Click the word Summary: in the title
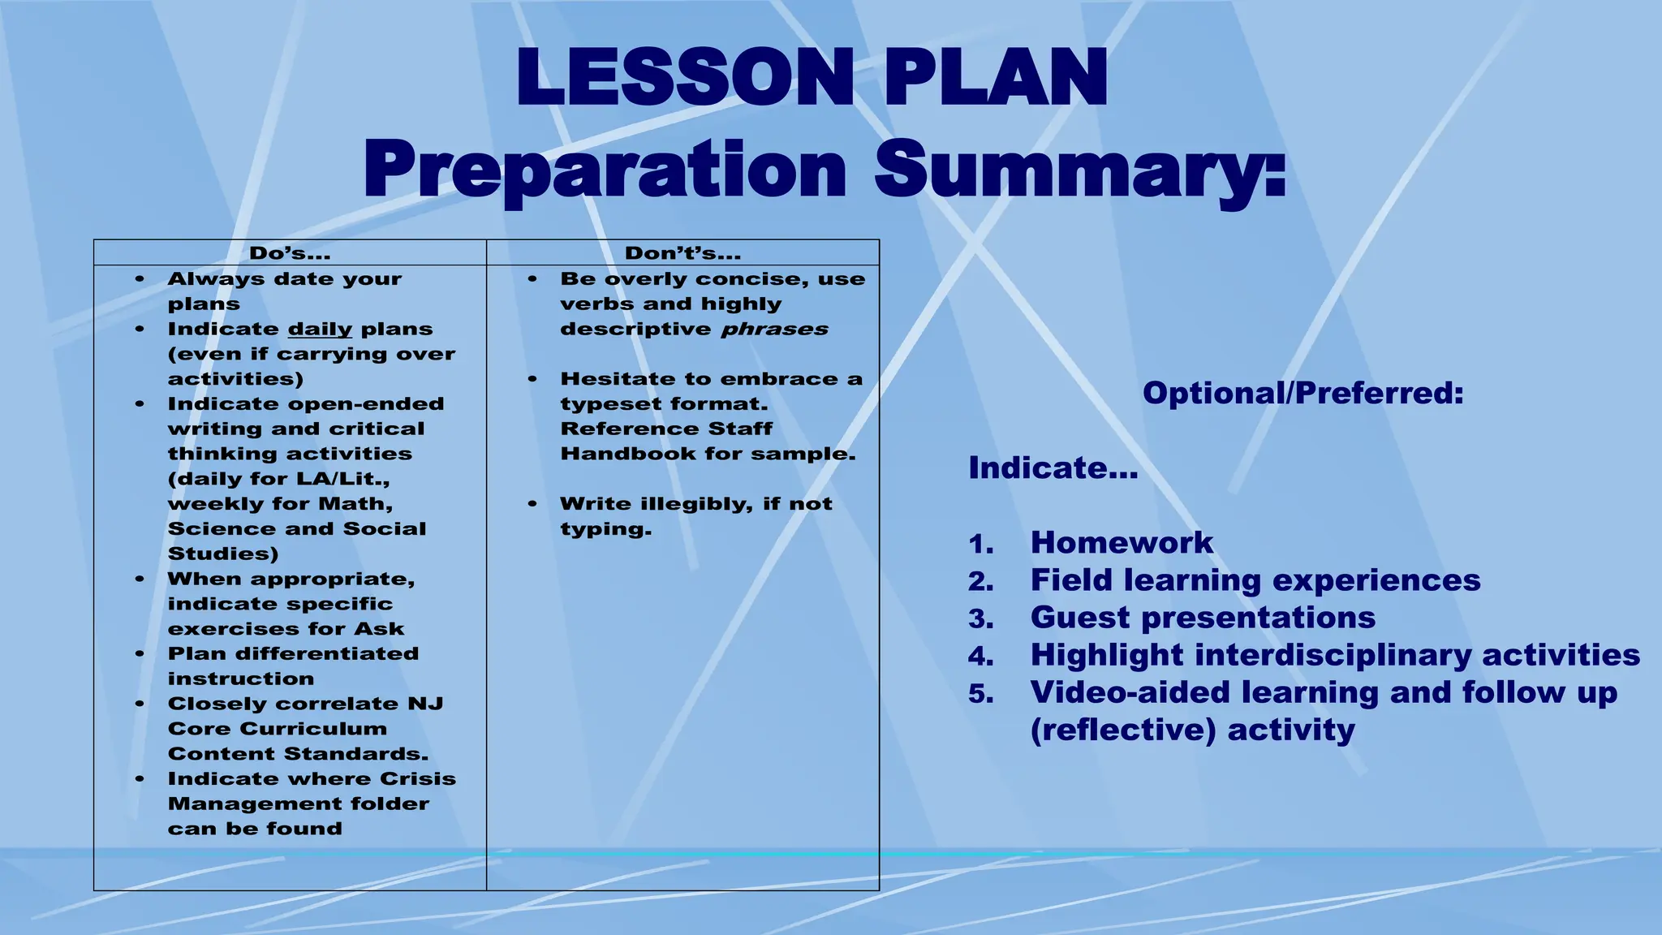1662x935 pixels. pyautogui.click(x=1080, y=170)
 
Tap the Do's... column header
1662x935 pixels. pyautogui.click(x=290, y=253)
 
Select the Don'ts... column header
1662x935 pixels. pyautogui.click(x=682, y=253)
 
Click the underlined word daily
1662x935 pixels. pyautogui.click(x=320, y=330)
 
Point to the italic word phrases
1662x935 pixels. pyautogui.click(x=775, y=330)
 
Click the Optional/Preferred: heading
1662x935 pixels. pyautogui.click(x=1302, y=394)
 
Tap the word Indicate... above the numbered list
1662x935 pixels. pyautogui.click(x=1053, y=468)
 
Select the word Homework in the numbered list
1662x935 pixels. pyautogui.click(x=1122, y=543)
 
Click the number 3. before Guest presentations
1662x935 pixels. pyautogui.click(x=980, y=619)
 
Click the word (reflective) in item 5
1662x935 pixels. pyautogui.click(x=1122, y=730)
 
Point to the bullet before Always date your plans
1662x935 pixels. pyautogui.click(x=140, y=279)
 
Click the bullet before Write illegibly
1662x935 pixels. pyautogui.click(x=532, y=504)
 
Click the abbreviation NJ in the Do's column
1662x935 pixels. pyautogui.click(x=425, y=704)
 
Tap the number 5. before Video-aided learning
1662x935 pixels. pyautogui.click(x=980, y=694)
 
